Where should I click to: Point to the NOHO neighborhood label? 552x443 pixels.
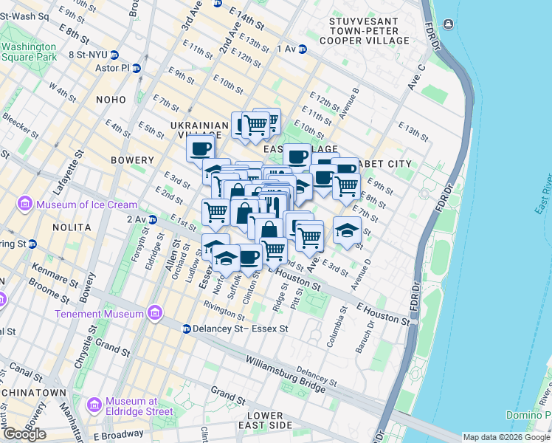pos(110,98)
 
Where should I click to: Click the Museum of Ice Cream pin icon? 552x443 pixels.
pos(25,204)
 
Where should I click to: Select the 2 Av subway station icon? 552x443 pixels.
pos(153,219)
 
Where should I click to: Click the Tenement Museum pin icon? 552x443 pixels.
pos(155,314)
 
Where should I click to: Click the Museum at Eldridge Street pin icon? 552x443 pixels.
pos(94,405)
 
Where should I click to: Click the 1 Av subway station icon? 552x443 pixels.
pos(303,49)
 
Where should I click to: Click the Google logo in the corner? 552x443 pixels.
pos(24,433)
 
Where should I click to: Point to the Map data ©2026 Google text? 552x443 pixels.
pos(506,437)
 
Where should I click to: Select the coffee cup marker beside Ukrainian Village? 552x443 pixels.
pos(200,148)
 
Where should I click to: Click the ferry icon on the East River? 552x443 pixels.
pos(448,25)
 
